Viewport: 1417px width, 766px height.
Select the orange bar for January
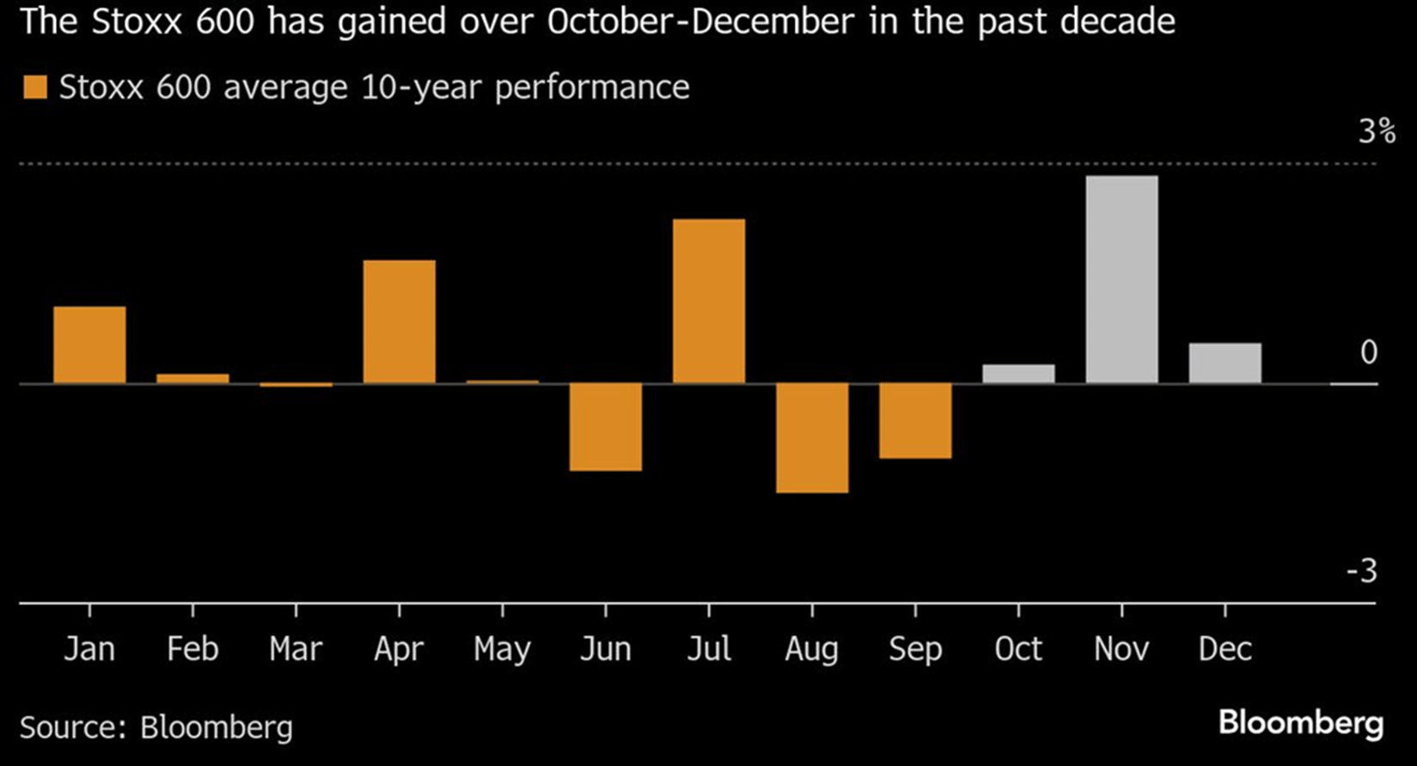tap(89, 345)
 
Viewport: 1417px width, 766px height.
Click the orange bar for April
tap(399, 322)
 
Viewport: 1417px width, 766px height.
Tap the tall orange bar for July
tap(709, 301)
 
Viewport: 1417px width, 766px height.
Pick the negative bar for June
tap(606, 426)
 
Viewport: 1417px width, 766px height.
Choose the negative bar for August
tap(812, 438)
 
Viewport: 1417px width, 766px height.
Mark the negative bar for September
tap(915, 420)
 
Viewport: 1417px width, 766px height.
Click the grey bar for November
tap(1121, 279)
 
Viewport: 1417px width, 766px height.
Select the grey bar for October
tap(1018, 374)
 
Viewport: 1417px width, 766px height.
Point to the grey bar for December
tap(1225, 363)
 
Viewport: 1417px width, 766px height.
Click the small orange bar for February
tap(192, 378)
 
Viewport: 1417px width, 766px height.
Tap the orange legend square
tap(35, 87)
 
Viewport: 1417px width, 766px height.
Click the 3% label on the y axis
tap(1376, 132)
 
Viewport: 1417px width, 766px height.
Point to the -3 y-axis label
tap(1361, 571)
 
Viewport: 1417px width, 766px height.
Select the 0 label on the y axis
tap(1369, 352)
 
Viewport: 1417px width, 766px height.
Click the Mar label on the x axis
tap(296, 649)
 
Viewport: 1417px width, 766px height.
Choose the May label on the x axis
tap(502, 650)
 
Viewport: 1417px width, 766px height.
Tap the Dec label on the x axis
tap(1225, 649)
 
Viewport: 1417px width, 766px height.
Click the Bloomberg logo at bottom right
tap(1300, 723)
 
